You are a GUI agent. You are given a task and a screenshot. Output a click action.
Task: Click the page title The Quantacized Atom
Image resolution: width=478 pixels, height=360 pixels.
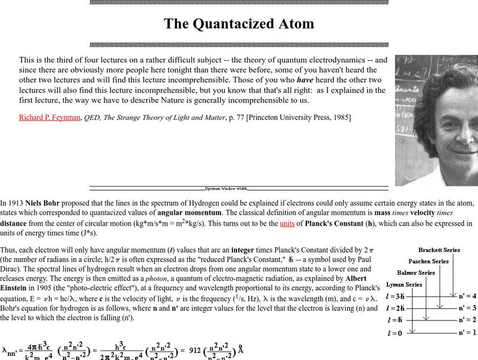(238, 24)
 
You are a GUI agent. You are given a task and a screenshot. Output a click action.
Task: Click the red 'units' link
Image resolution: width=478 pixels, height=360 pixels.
(287, 224)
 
